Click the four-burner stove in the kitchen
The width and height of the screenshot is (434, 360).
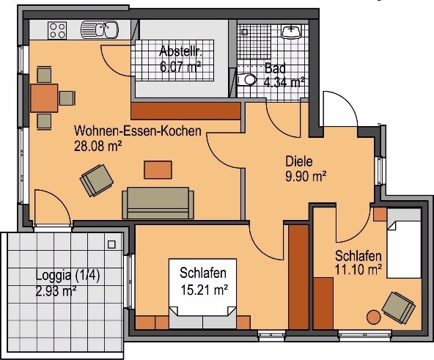click(57, 30)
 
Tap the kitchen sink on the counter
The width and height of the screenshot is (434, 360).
click(100, 29)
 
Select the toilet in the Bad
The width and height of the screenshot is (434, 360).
click(247, 80)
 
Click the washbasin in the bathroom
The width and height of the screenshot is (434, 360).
click(292, 32)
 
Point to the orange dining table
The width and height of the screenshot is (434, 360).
click(44, 98)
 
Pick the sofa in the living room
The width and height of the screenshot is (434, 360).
click(158, 203)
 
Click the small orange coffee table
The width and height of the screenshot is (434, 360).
click(158, 170)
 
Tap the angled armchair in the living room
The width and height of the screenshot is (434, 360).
click(97, 180)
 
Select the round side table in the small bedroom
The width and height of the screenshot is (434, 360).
click(374, 317)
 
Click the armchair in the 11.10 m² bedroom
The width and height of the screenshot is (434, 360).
click(399, 308)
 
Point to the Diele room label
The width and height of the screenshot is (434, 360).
click(299, 161)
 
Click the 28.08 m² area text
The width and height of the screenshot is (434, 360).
click(98, 146)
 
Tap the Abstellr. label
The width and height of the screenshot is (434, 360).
click(181, 51)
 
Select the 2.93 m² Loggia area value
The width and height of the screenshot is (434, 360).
click(56, 291)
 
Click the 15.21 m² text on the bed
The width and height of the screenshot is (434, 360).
click(205, 290)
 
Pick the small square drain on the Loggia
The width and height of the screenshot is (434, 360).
click(111, 245)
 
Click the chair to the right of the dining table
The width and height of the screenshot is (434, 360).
click(67, 98)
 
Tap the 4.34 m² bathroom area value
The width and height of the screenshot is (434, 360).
click(284, 82)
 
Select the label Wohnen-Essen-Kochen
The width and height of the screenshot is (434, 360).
click(138, 131)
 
